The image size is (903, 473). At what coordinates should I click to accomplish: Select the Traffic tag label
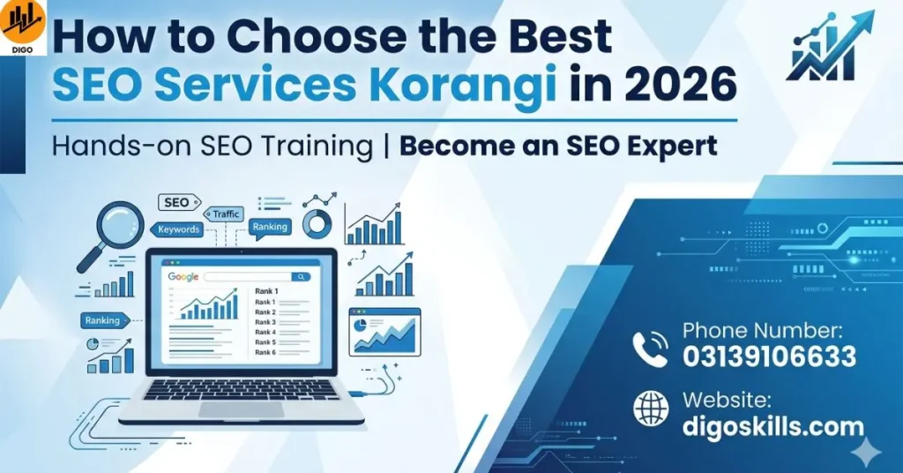coord(226,214)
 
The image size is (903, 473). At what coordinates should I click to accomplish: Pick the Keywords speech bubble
coord(178,229)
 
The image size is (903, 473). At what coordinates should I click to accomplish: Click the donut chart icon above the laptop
coord(317,221)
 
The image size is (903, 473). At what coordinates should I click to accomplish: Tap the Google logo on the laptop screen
coord(183,277)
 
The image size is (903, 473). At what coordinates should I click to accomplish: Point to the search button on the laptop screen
coord(301,277)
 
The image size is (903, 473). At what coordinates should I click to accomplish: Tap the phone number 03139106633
coord(769,357)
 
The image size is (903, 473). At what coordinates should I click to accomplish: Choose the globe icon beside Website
coord(651,408)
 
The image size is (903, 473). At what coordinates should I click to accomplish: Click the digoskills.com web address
coord(772,427)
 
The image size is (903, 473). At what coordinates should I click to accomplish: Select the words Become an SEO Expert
coord(558,146)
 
